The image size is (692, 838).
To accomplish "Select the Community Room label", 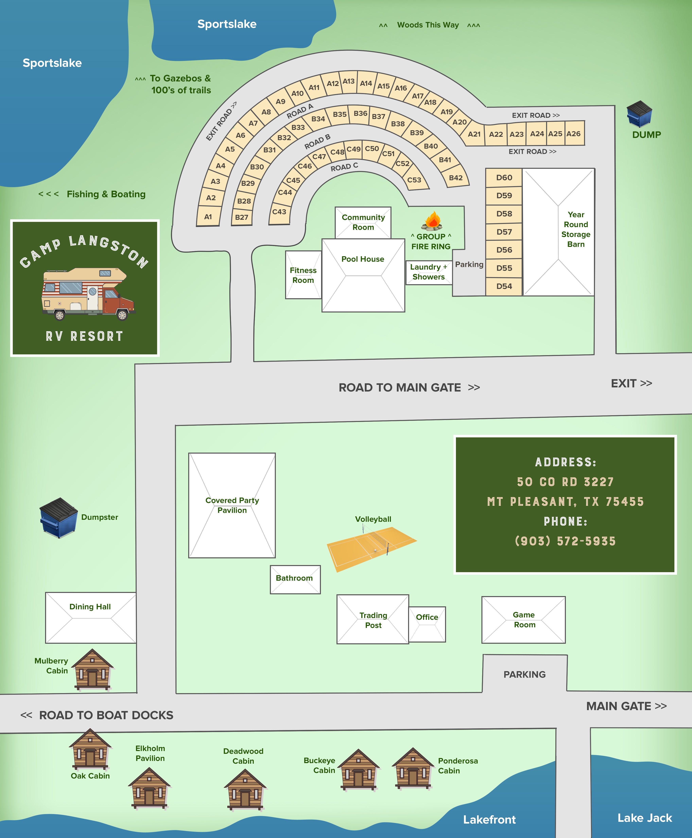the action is coord(363,222).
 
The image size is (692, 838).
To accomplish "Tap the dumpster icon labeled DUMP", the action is coord(639,114).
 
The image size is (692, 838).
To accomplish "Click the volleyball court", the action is coord(372,549).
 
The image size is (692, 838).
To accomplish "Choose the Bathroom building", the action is coord(295,579).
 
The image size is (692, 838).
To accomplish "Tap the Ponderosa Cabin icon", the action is coord(413,768).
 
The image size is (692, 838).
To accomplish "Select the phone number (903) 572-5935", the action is coord(565,541).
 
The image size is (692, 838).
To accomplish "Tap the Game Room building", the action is coord(523,620).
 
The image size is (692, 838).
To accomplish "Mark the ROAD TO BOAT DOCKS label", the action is coord(106,715).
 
